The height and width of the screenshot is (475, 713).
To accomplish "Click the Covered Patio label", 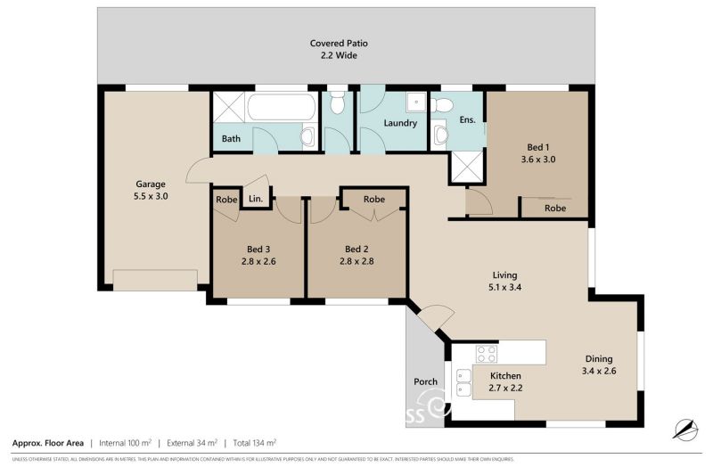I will (339, 43).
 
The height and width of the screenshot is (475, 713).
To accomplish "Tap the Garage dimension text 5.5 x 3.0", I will (151, 196).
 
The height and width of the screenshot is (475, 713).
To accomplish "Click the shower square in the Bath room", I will (229, 111).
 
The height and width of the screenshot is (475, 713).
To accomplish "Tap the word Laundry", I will (400, 123).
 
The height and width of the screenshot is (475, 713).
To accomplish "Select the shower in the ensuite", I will (468, 167).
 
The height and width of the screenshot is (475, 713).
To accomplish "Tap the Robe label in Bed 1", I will (555, 208).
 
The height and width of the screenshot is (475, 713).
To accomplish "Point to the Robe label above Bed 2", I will (374, 200).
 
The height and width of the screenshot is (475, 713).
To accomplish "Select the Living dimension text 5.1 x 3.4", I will (505, 288).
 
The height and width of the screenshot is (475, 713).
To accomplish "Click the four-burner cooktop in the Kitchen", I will (487, 354).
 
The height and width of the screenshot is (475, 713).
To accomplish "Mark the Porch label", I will (426, 382).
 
